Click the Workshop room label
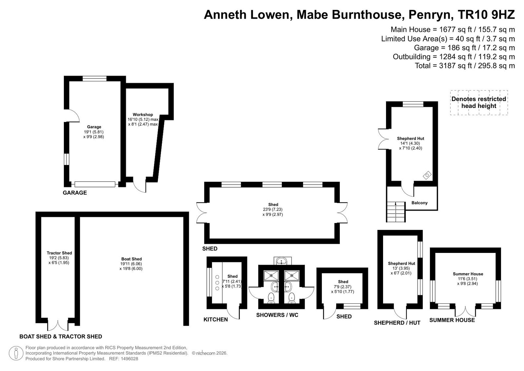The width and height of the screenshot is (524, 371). click(x=143, y=114)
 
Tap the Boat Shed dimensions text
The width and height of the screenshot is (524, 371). click(x=131, y=266)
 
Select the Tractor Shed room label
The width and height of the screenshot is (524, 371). click(x=59, y=253)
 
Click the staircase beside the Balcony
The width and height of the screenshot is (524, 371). click(x=396, y=212)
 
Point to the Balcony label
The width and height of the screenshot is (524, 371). click(x=419, y=203)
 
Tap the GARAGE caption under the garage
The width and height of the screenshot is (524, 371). click(x=75, y=193)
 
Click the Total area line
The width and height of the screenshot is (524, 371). click(x=465, y=66)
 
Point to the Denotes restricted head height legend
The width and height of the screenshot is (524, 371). click(x=479, y=102)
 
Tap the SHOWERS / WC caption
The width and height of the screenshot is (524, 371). click(x=277, y=315)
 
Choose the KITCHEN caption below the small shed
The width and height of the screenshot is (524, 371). click(x=215, y=319)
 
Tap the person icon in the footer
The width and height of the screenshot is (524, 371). click(x=16, y=353)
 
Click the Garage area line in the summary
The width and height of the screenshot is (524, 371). click(x=464, y=48)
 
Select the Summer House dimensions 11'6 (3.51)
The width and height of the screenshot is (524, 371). click(x=468, y=279)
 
